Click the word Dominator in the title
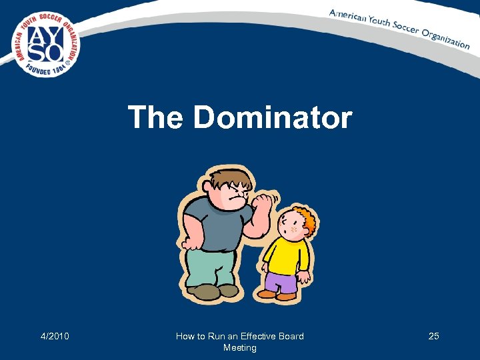click(x=272, y=118)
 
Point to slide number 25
click(x=433, y=336)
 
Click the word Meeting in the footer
click(x=240, y=347)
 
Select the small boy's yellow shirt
click(x=286, y=256)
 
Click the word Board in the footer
click(x=290, y=336)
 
